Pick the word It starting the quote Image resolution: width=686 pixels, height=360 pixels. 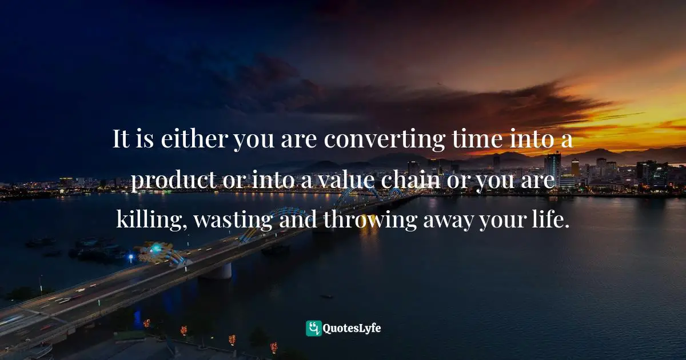pyautogui.click(x=120, y=140)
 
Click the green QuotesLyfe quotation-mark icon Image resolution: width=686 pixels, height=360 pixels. pyautogui.click(x=314, y=328)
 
